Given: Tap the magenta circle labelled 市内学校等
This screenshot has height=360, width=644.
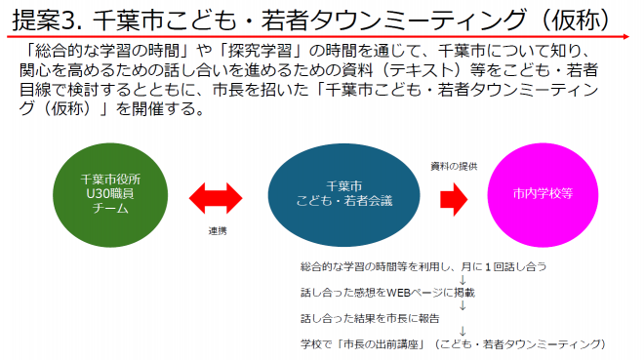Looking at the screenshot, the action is [x=542, y=193].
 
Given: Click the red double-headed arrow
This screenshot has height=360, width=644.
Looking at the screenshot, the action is [x=222, y=198].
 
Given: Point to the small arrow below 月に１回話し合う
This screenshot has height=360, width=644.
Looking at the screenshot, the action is [x=462, y=279].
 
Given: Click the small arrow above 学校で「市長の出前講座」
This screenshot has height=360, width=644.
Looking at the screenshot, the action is [x=462, y=331].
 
